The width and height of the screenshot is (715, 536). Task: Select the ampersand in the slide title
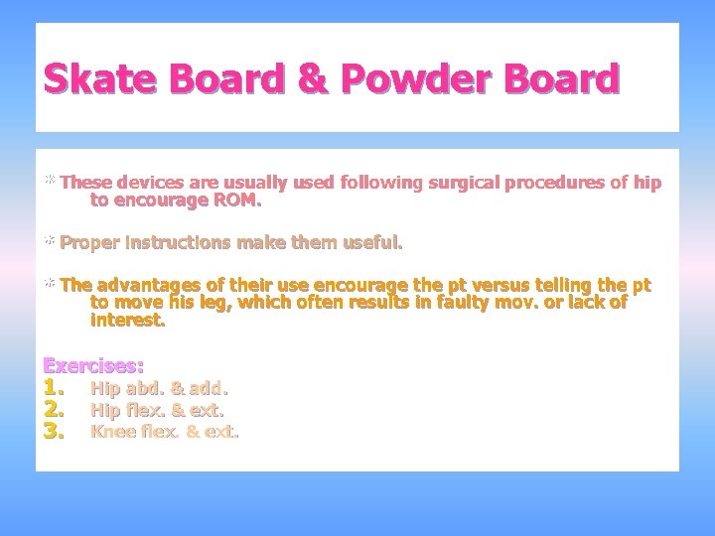point(313,78)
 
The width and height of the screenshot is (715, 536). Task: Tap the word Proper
point(89,242)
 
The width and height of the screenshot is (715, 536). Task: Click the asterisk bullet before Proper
point(49,241)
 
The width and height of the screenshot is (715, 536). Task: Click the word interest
point(128,320)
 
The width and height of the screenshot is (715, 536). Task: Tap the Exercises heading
point(93,365)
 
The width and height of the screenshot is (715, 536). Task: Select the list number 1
point(54,387)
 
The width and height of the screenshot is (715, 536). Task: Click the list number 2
point(54,409)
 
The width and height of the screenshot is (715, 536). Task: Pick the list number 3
point(54,431)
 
